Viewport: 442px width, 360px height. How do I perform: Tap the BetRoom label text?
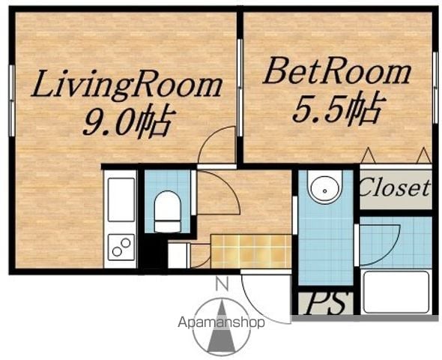pos(336,70)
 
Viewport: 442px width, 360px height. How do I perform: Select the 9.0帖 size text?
pos(127,121)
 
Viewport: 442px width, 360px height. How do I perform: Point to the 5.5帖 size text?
pos(339,108)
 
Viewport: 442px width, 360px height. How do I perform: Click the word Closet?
pos(396,188)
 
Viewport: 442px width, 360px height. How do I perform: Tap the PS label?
pos(326,304)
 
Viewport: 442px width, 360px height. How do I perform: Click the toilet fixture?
pos(168,211)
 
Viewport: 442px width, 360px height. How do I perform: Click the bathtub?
pos(396,292)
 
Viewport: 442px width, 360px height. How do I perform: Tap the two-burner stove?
pos(121,247)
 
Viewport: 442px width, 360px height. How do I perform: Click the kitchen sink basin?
pos(121,199)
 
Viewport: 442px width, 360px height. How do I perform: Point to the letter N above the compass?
pos(222,285)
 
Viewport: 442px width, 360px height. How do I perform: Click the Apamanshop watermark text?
pos(221,322)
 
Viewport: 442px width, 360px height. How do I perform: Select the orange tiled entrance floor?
pos(251,251)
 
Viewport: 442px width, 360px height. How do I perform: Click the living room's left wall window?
pos(12,100)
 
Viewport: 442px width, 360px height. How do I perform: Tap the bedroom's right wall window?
pos(435,88)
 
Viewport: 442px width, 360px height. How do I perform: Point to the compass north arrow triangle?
pos(222,327)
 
